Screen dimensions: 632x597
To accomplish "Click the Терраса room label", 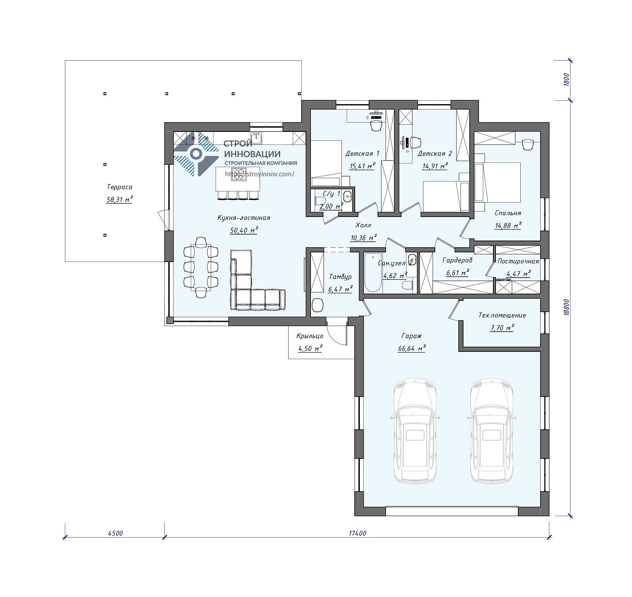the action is (119, 187).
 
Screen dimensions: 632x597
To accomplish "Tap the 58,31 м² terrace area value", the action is (119, 200).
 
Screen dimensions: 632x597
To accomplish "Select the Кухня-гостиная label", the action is (244, 218).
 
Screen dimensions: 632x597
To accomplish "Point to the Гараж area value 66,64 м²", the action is (412, 348).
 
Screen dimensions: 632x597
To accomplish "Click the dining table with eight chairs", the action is (201, 267).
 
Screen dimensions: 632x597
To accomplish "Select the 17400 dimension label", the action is (357, 533).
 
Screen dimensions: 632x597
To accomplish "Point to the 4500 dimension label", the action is (115, 533).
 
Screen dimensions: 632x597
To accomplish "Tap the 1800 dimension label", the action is (566, 80).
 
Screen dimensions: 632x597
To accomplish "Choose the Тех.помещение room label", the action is (502, 315).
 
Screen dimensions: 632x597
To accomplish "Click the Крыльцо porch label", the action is (310, 336).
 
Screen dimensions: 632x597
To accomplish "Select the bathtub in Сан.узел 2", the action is (373, 273).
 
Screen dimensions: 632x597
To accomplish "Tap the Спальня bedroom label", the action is (508, 213).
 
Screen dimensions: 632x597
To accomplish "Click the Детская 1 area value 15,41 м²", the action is (362, 166).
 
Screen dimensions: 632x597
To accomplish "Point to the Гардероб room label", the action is (458, 260).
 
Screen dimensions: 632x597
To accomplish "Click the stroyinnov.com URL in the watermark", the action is (260, 174).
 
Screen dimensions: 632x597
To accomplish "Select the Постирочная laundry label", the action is (518, 261).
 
